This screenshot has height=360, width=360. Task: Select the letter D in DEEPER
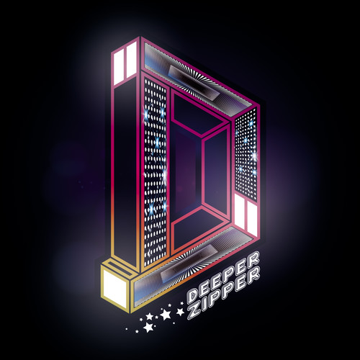click(192, 296)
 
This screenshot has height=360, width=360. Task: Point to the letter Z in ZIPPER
click(194, 312)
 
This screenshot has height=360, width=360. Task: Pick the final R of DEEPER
click(253, 258)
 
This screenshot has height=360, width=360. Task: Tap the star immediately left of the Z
click(180, 312)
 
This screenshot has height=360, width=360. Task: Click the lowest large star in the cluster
click(148, 328)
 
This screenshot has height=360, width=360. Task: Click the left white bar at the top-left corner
click(119, 66)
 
